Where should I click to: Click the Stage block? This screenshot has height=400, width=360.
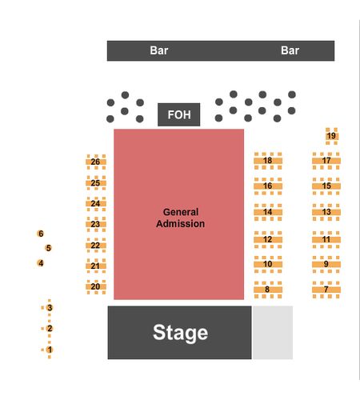point(179,332)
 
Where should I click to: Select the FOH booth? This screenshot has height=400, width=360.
point(179,114)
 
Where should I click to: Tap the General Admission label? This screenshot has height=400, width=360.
point(181,218)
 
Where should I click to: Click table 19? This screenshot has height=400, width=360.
point(331,136)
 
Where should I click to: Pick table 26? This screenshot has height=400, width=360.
point(96,162)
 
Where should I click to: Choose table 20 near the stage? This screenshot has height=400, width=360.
point(96,286)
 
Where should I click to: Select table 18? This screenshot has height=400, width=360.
point(268,161)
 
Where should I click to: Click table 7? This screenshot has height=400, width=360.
point(326,290)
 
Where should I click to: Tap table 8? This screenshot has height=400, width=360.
point(268,290)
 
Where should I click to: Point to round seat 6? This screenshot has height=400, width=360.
point(41,234)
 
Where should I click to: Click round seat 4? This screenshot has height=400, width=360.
point(41,263)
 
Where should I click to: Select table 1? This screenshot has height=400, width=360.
point(50,350)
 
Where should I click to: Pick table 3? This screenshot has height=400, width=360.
point(50,308)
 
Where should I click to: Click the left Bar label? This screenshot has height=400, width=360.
point(159,50)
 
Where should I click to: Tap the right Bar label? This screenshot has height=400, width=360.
point(290,50)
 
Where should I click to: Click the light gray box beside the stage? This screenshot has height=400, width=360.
point(273,332)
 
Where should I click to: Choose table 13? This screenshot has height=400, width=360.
point(326,212)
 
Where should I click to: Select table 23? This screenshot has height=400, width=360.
point(96,224)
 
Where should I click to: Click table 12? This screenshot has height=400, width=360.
point(268,239)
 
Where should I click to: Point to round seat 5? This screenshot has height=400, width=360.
point(48,248)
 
